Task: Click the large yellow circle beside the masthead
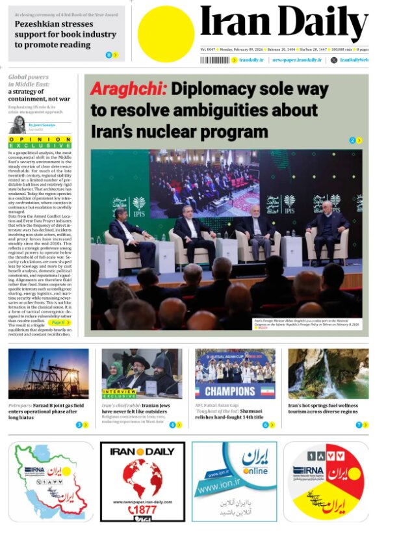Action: (x=166, y=34)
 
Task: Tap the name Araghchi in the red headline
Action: (x=128, y=89)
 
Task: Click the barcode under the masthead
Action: (x=214, y=60)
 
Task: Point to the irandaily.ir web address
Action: (x=251, y=60)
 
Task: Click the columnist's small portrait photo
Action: (x=17, y=125)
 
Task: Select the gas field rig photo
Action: (x=49, y=374)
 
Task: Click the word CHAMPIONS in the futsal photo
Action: (x=230, y=391)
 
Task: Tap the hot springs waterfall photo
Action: (x=328, y=374)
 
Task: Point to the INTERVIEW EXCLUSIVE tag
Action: (x=119, y=394)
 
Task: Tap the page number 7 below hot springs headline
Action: (x=358, y=425)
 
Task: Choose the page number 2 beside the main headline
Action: (x=352, y=140)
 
